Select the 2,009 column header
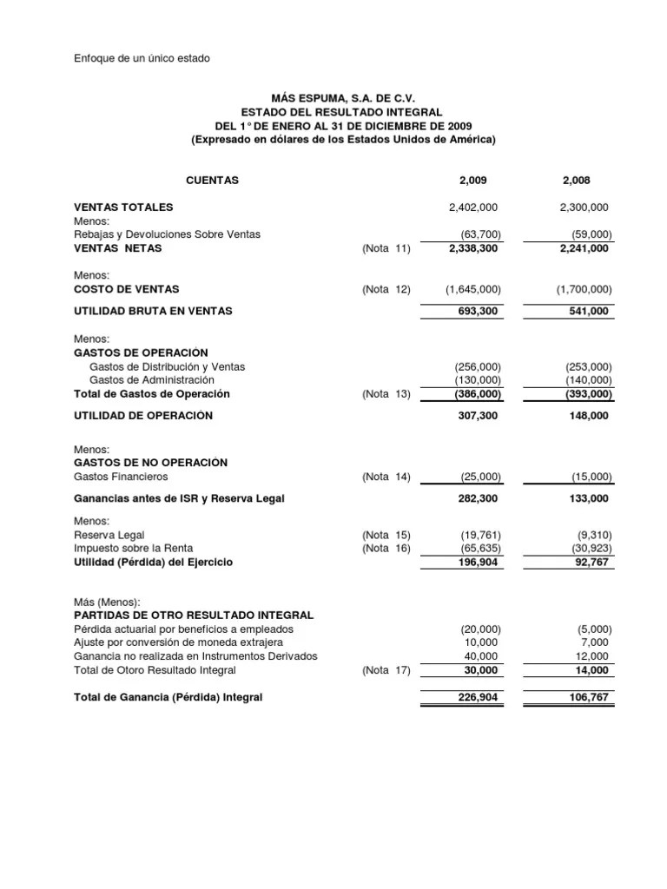tap(473, 181)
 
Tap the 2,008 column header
tap(578, 181)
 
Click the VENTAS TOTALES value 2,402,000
tap(473, 207)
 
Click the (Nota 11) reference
tap(386, 248)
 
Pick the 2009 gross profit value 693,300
tap(480, 311)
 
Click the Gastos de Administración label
tap(151, 380)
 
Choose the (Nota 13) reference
tap(386, 394)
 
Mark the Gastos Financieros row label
tap(122, 477)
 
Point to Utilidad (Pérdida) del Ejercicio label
tap(154, 562)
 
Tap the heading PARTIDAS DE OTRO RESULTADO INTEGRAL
tap(195, 615)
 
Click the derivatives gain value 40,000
tap(483, 656)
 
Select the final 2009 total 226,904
tap(480, 697)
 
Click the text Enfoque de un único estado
tap(142, 58)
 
